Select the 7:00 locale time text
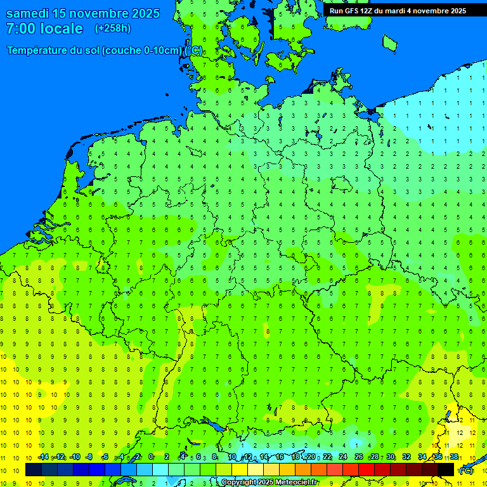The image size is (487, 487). pos(44,29)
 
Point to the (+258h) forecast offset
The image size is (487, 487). pos(113,29)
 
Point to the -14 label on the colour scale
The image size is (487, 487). pos(43,457)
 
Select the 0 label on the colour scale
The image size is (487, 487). pos(151,457)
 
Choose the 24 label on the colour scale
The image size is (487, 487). pos(343,457)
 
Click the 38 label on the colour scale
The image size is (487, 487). pos(453,457)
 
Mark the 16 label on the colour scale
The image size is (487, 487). pos(279,457)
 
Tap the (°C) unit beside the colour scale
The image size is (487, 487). pos(466,471)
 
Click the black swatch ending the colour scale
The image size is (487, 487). pos(446,470)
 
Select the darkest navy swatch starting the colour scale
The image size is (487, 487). pos(34,470)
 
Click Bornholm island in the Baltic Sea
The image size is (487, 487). pos(389,42)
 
